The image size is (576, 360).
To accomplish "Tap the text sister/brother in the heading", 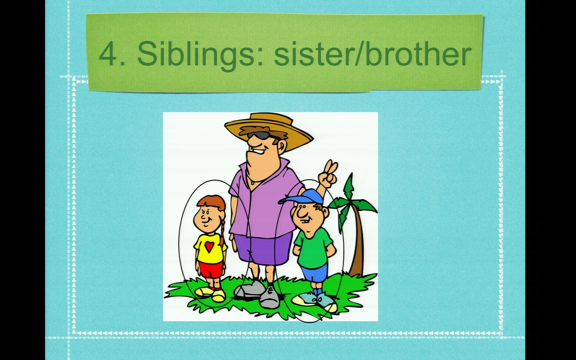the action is [373, 54].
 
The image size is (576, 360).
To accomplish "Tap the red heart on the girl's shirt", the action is [209, 246].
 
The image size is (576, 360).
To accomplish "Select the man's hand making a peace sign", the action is [328, 174].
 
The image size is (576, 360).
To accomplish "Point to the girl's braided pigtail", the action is [222, 231].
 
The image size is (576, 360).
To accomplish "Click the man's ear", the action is [282, 146].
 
